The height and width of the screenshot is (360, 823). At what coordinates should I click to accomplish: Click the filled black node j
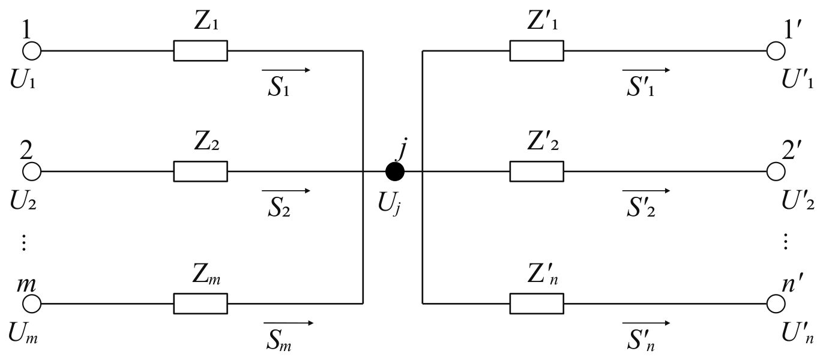395,172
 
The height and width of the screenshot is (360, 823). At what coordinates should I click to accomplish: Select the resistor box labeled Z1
200,50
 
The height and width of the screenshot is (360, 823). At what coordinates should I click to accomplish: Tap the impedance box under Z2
200,172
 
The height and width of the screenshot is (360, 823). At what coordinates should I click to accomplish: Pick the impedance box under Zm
200,304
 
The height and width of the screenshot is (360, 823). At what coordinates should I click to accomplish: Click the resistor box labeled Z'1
537,50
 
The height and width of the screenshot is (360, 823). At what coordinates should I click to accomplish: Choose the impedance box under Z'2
537,172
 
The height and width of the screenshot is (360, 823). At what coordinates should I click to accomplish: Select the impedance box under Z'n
537,304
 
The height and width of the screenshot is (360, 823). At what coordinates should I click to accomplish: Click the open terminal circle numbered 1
32,50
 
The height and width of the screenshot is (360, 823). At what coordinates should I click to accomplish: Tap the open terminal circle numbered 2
32,172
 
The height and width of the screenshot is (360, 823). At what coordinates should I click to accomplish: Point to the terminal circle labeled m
32,304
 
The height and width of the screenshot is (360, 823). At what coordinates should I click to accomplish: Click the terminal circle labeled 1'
776,50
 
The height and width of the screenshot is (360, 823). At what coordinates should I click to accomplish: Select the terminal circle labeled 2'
776,172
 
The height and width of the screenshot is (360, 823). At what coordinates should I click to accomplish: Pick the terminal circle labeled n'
776,304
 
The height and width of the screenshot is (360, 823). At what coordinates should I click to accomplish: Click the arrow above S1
286,70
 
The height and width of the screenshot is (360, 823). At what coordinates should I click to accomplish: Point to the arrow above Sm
289,323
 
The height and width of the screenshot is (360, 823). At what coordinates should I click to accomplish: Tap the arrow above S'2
647,191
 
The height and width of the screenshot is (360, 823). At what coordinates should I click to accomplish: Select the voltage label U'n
797,334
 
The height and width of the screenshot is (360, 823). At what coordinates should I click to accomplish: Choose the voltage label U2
23,202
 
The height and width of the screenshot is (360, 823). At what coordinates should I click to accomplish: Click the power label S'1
641,88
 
